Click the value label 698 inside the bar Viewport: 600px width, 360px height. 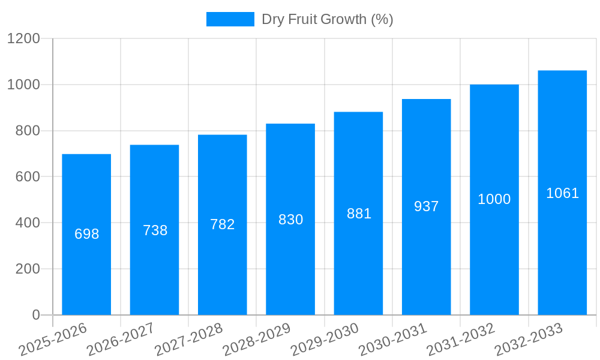pos(86,235)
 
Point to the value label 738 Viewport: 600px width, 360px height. pos(155,230)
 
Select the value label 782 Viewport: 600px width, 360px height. pos(223,224)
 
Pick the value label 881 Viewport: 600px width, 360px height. pos(359,214)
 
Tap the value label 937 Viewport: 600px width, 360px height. pos(427,206)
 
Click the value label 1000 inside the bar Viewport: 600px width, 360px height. pos(494,200)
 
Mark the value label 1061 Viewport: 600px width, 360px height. pos(562,193)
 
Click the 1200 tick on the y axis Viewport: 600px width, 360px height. pos(23,39)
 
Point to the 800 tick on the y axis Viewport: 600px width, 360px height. pos(28,131)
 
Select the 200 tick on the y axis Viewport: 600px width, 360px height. pos(28,269)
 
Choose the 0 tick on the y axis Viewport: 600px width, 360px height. pos(35,315)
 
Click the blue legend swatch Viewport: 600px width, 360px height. pos(230,19)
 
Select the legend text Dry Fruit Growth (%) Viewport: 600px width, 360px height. pos(328,19)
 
